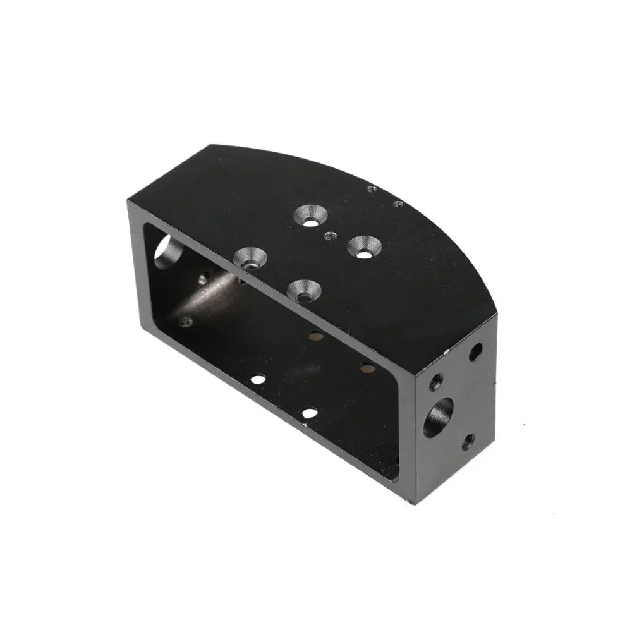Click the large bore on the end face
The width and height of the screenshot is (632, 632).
pos(438,417)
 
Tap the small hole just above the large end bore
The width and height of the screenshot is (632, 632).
pos(436,381)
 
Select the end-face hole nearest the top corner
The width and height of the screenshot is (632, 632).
pos(475,351)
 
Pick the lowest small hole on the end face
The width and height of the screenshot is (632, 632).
pos(468,442)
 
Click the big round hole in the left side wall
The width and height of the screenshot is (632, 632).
pos(168,252)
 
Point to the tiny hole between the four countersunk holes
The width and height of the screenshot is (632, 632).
pos(328,236)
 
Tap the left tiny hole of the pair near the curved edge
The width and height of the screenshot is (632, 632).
pos(372,188)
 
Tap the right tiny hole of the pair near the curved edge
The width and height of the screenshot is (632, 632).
pos(398,204)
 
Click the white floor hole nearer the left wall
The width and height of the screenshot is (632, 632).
pos(258,380)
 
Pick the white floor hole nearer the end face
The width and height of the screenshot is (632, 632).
pos(309,413)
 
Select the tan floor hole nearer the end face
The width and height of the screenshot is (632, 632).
pos(367,367)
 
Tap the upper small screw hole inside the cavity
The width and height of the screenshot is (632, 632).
pos(203,278)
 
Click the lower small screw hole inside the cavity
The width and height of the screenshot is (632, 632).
pos(186,322)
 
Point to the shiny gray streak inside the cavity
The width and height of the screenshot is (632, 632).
pos(209,294)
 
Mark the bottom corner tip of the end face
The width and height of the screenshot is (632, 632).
pos(413,503)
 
